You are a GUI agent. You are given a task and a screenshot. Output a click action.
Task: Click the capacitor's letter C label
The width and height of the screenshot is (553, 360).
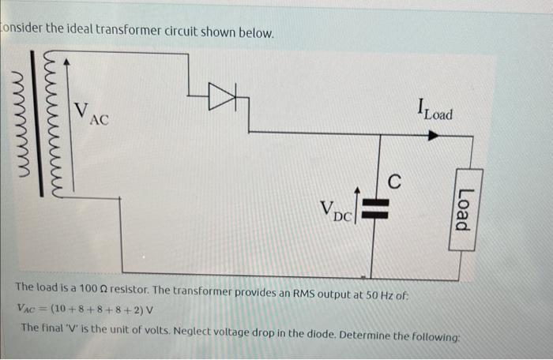click(395, 181)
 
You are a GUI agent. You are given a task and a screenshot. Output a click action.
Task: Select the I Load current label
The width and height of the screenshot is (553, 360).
click(435, 111)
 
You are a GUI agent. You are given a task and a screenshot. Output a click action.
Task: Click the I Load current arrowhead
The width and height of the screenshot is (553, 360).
click(433, 136)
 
